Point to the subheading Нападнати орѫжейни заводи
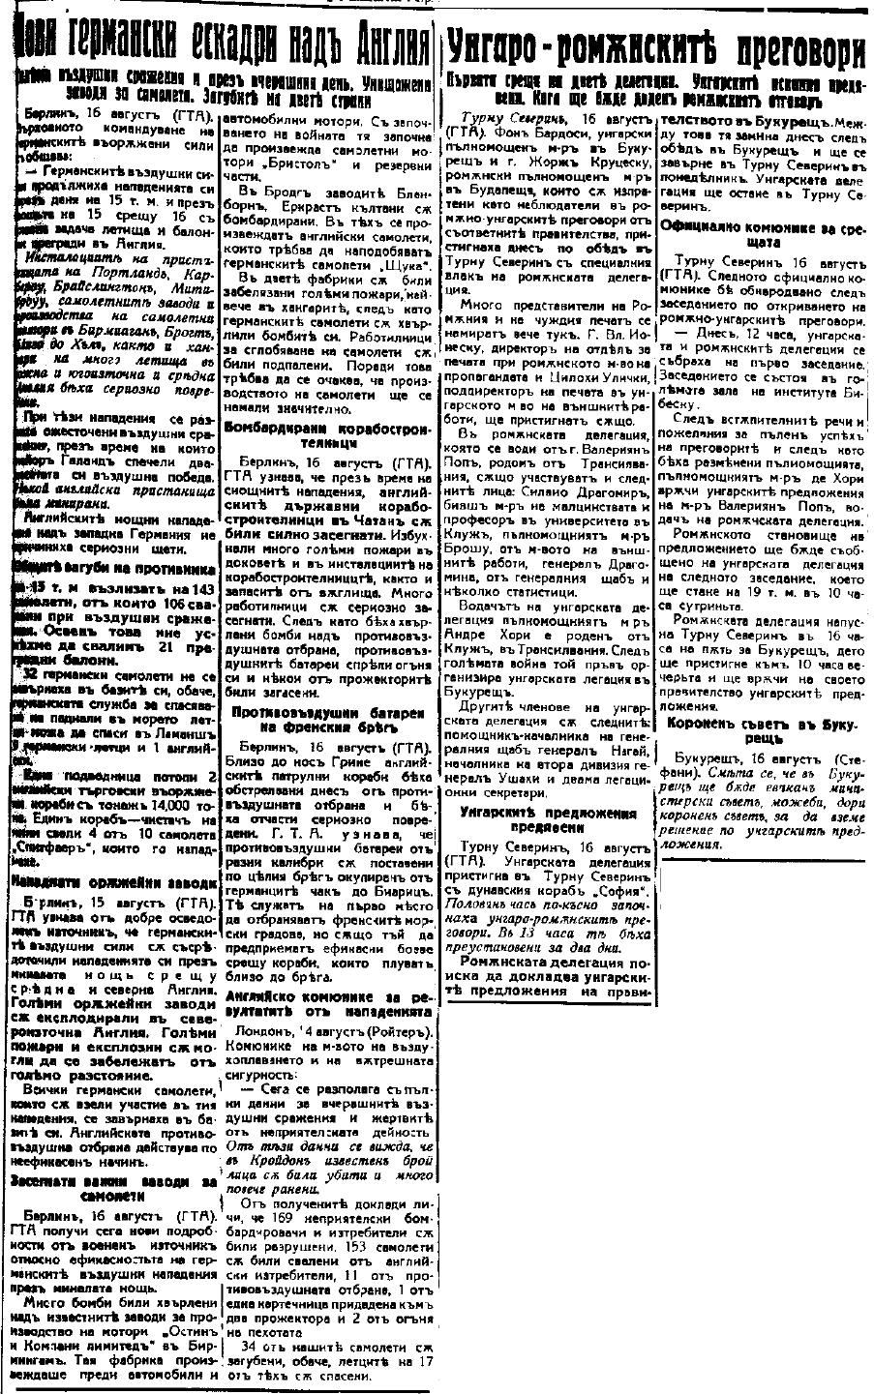click(113, 883)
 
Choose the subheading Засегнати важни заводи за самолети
click(113, 1188)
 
